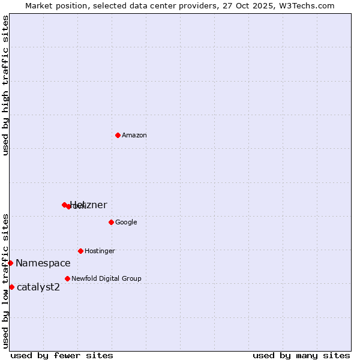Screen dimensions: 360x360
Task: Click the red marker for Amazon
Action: pyautogui.click(x=118, y=135)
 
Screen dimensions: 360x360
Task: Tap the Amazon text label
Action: pyautogui.click(x=134, y=136)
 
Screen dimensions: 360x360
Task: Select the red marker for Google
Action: pyautogui.click(x=111, y=222)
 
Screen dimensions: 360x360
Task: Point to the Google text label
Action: pyautogui.click(x=126, y=223)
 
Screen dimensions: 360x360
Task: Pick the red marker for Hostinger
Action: pyautogui.click(x=80, y=251)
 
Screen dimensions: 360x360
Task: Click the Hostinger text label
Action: pyautogui.click(x=100, y=251)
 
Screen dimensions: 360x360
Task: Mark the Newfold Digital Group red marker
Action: pyautogui.click(x=67, y=278)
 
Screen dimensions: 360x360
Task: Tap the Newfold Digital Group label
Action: pyautogui.click(x=106, y=279)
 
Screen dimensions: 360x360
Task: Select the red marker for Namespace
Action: pyautogui.click(x=10, y=263)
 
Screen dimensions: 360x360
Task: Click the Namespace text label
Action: pyautogui.click(x=43, y=263)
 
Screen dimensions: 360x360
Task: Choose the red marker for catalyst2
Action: pyautogui.click(x=11, y=287)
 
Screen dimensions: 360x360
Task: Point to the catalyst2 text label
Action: pyautogui.click(x=38, y=287)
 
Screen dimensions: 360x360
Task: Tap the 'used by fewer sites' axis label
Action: pyautogui.click(x=62, y=355)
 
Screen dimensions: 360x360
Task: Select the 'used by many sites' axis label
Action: pyautogui.click(x=301, y=355)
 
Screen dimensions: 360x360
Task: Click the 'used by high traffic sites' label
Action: pyautogui.click(x=6, y=85)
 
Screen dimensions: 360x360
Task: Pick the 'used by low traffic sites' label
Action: pyautogui.click(x=6, y=281)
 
